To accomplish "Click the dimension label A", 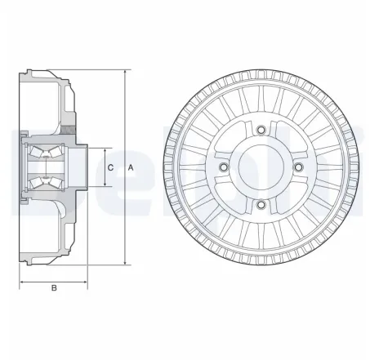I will [132, 167].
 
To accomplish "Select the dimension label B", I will [54, 287].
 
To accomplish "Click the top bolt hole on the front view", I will [260, 130].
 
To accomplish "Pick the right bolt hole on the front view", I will [298, 167].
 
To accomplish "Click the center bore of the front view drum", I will [260, 167].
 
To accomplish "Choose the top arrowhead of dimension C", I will [105, 150].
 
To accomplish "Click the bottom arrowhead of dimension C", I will [105, 184].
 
